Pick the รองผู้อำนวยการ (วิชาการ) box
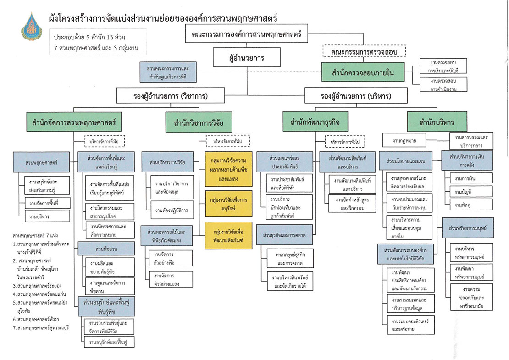[x=171, y=96]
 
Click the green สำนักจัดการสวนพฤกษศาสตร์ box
[x=73, y=122]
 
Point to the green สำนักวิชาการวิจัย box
[x=199, y=123]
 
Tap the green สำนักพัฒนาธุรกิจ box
[x=315, y=122]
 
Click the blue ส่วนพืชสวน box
[x=106, y=248]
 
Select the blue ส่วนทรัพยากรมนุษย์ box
[x=467, y=227]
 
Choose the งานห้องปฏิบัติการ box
[x=171, y=210]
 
